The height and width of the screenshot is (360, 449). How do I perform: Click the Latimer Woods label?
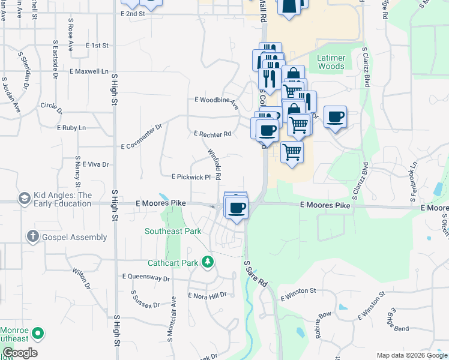[x=331, y=62]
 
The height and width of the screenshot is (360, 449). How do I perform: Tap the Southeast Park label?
[x=173, y=230]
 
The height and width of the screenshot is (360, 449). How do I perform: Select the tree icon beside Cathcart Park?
[x=208, y=261]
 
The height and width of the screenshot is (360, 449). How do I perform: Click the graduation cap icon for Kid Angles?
[x=25, y=199]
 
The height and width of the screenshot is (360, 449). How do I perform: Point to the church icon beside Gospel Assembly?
[x=33, y=237]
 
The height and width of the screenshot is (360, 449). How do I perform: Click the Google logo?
[x=20, y=353]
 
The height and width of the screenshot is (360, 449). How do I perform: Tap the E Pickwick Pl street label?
[x=191, y=177]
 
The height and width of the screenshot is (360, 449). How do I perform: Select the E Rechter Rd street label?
[x=212, y=134]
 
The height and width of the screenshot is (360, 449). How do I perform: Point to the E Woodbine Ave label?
[x=216, y=100]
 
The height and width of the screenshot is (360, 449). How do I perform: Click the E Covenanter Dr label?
[x=142, y=137]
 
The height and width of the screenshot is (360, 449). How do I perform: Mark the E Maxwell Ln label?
[x=89, y=71]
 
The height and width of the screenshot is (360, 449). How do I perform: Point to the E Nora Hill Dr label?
[x=207, y=295]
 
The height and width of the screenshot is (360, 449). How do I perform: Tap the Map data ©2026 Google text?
[x=411, y=355]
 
